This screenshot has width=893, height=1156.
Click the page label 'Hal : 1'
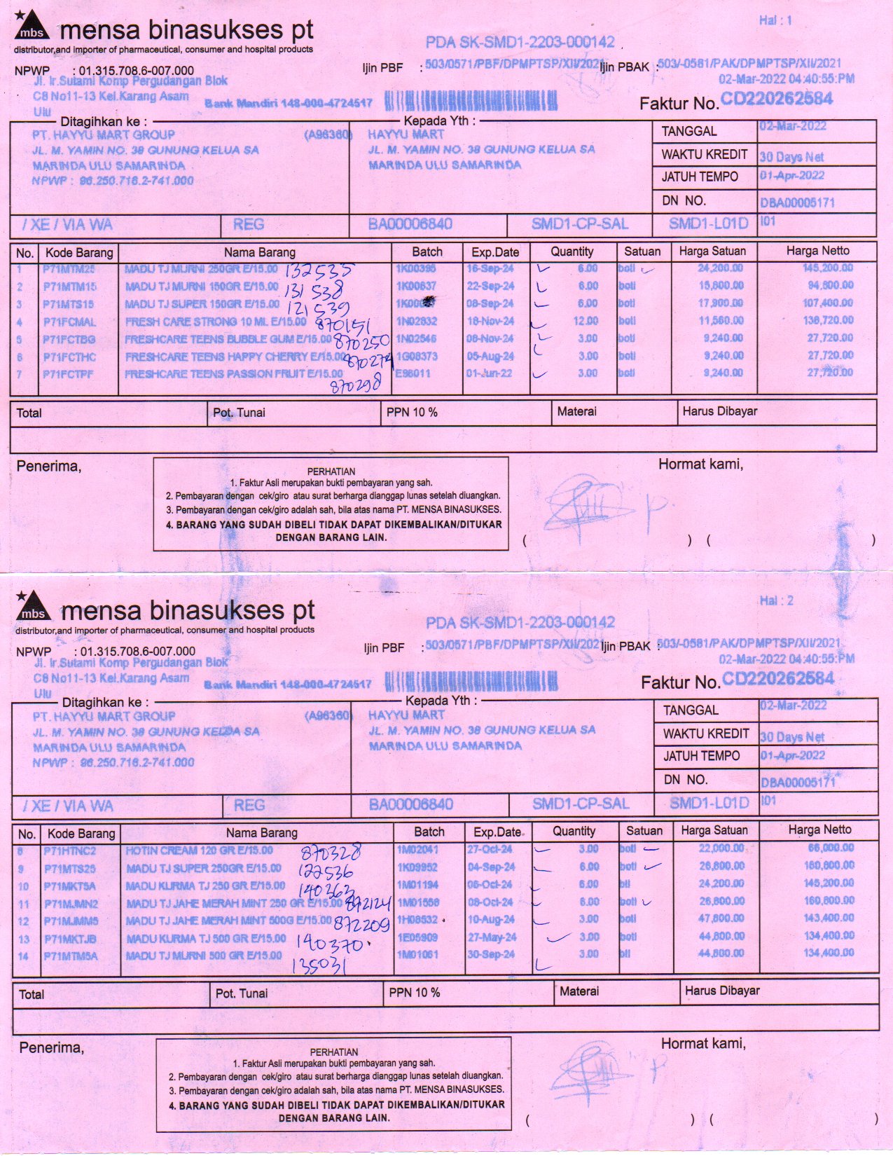click(x=775, y=21)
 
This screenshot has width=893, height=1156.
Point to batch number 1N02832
click(x=416, y=321)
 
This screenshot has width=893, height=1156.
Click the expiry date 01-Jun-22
click(x=490, y=373)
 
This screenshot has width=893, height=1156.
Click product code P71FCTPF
click(x=69, y=374)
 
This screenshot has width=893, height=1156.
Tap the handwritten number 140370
click(x=329, y=942)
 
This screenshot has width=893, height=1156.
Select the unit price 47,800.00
click(x=721, y=918)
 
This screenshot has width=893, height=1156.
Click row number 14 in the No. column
click(x=24, y=956)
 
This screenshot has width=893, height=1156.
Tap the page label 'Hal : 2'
click(x=776, y=601)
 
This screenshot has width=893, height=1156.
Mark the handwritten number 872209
click(x=361, y=925)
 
